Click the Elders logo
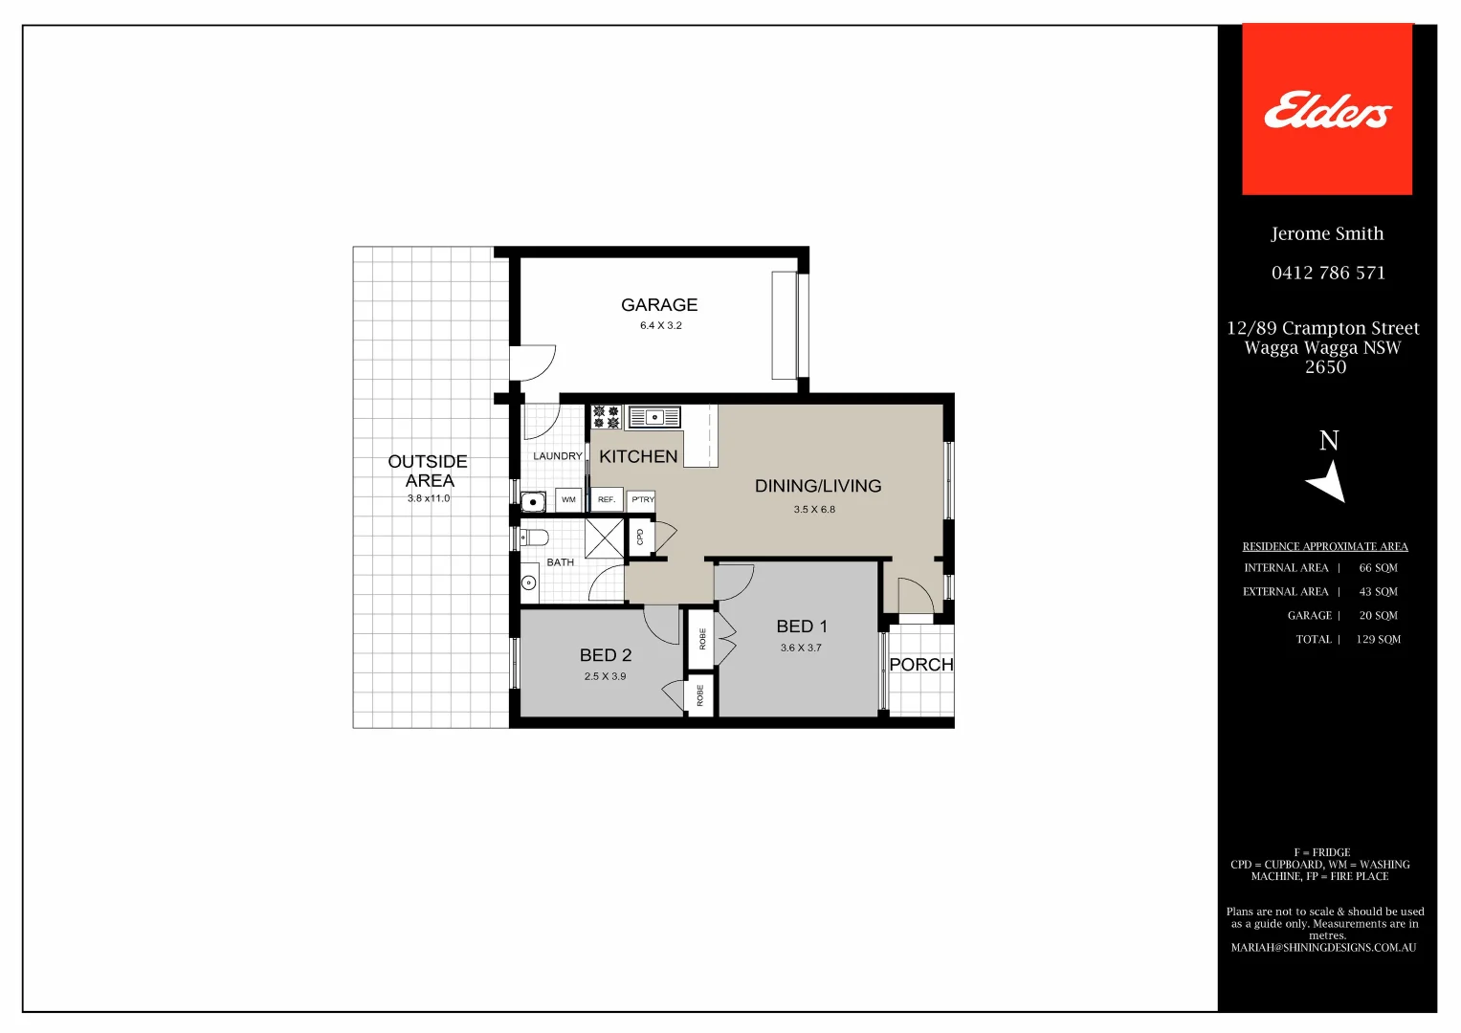pyautogui.click(x=1327, y=110)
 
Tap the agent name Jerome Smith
pyautogui.click(x=1327, y=233)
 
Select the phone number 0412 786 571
pyautogui.click(x=1328, y=273)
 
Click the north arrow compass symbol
pyautogui.click(x=1328, y=480)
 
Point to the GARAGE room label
pyautogui.click(x=659, y=305)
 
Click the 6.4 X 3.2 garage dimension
pyautogui.click(x=660, y=325)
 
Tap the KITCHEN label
pyautogui.click(x=638, y=456)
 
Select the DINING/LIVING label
pyautogui.click(x=818, y=486)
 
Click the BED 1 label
pyautogui.click(x=802, y=626)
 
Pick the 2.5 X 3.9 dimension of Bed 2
pyautogui.click(x=605, y=676)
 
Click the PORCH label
pyautogui.click(x=921, y=665)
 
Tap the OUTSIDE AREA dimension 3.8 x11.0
pyautogui.click(x=428, y=498)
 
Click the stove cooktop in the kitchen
pyautogui.click(x=606, y=417)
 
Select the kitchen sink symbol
pyautogui.click(x=654, y=417)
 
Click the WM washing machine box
pyautogui.click(x=568, y=499)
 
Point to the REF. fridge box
pyautogui.click(x=607, y=499)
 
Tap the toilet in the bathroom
pyautogui.click(x=533, y=537)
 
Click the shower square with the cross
pyautogui.click(x=604, y=538)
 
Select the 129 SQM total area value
pyautogui.click(x=1378, y=640)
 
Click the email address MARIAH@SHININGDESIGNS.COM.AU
pyautogui.click(x=1323, y=948)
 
